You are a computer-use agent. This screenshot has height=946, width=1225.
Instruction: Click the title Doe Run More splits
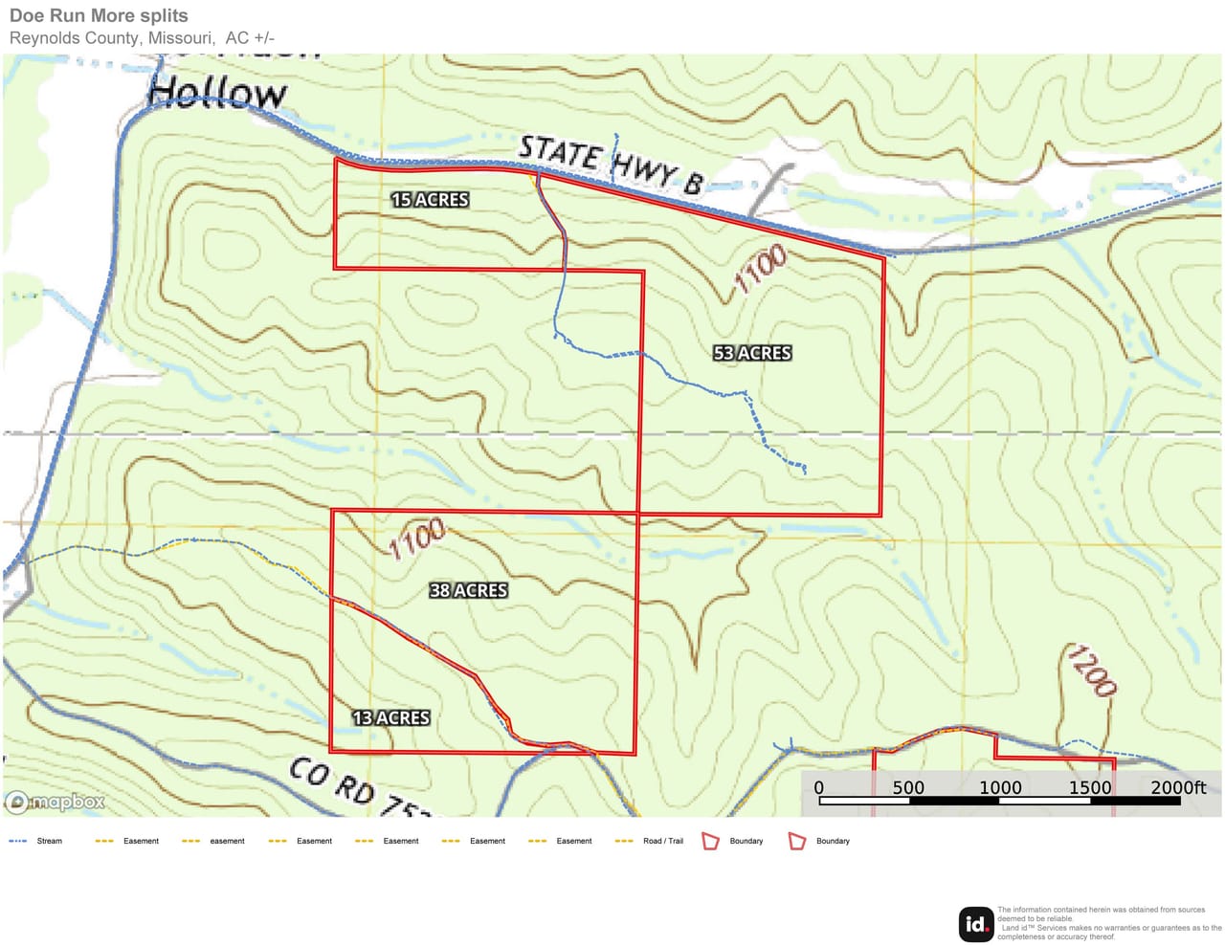(x=99, y=15)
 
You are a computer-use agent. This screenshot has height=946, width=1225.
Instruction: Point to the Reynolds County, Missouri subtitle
(x=142, y=38)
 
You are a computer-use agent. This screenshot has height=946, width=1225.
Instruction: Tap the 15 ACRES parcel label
(x=430, y=200)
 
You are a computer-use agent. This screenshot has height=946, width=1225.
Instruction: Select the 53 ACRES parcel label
(x=752, y=353)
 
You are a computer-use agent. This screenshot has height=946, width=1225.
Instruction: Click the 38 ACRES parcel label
(x=468, y=591)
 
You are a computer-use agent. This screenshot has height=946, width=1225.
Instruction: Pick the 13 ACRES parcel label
(x=390, y=717)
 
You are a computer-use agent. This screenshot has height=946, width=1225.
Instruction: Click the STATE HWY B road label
(x=611, y=165)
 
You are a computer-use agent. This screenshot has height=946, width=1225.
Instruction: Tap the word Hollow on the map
(x=217, y=93)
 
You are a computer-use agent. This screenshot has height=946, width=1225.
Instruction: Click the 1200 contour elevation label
(x=1091, y=671)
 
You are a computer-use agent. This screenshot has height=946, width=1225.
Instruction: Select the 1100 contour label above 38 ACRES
(x=416, y=539)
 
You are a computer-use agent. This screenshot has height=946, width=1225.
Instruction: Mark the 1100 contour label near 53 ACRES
(x=761, y=268)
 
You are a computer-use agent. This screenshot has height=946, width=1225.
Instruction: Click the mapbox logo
(x=56, y=802)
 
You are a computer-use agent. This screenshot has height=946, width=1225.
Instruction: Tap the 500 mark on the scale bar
(x=908, y=787)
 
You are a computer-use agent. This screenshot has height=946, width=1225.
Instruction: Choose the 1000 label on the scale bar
(x=999, y=787)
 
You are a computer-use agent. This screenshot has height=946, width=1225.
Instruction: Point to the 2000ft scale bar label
(x=1178, y=787)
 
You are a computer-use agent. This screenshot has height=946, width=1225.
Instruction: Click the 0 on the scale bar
(x=818, y=787)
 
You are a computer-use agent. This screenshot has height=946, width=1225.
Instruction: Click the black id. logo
(x=975, y=924)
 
